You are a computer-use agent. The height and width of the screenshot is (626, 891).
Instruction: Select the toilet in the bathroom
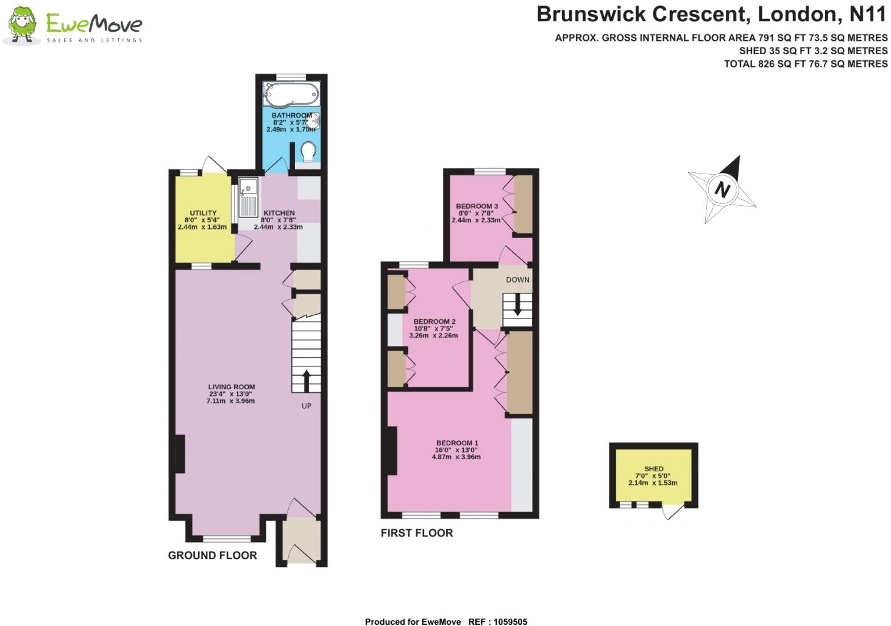(308, 152)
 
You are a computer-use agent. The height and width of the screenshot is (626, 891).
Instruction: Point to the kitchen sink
(249, 197)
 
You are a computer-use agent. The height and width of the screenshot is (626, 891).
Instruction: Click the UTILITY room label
(203, 213)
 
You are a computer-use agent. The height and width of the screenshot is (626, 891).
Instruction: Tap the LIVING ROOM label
(232, 387)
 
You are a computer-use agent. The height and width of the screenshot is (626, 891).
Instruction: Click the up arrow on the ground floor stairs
(307, 381)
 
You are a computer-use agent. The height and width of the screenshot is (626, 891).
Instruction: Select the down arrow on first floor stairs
(517, 304)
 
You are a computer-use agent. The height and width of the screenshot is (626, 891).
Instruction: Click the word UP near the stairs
(307, 406)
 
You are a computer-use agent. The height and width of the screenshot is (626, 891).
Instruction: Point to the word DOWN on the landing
(517, 280)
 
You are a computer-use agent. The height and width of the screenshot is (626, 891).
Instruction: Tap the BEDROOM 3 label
(477, 206)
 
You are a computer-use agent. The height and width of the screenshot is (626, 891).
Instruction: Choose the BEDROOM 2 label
(435, 322)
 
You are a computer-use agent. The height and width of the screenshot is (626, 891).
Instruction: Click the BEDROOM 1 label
(457, 443)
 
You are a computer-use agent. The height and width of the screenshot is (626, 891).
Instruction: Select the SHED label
(654, 469)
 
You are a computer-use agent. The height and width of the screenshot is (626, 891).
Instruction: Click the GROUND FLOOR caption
(212, 555)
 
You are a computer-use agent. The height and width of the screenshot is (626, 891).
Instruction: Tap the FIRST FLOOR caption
(417, 533)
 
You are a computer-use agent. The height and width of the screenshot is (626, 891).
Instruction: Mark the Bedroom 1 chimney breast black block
(392, 451)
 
